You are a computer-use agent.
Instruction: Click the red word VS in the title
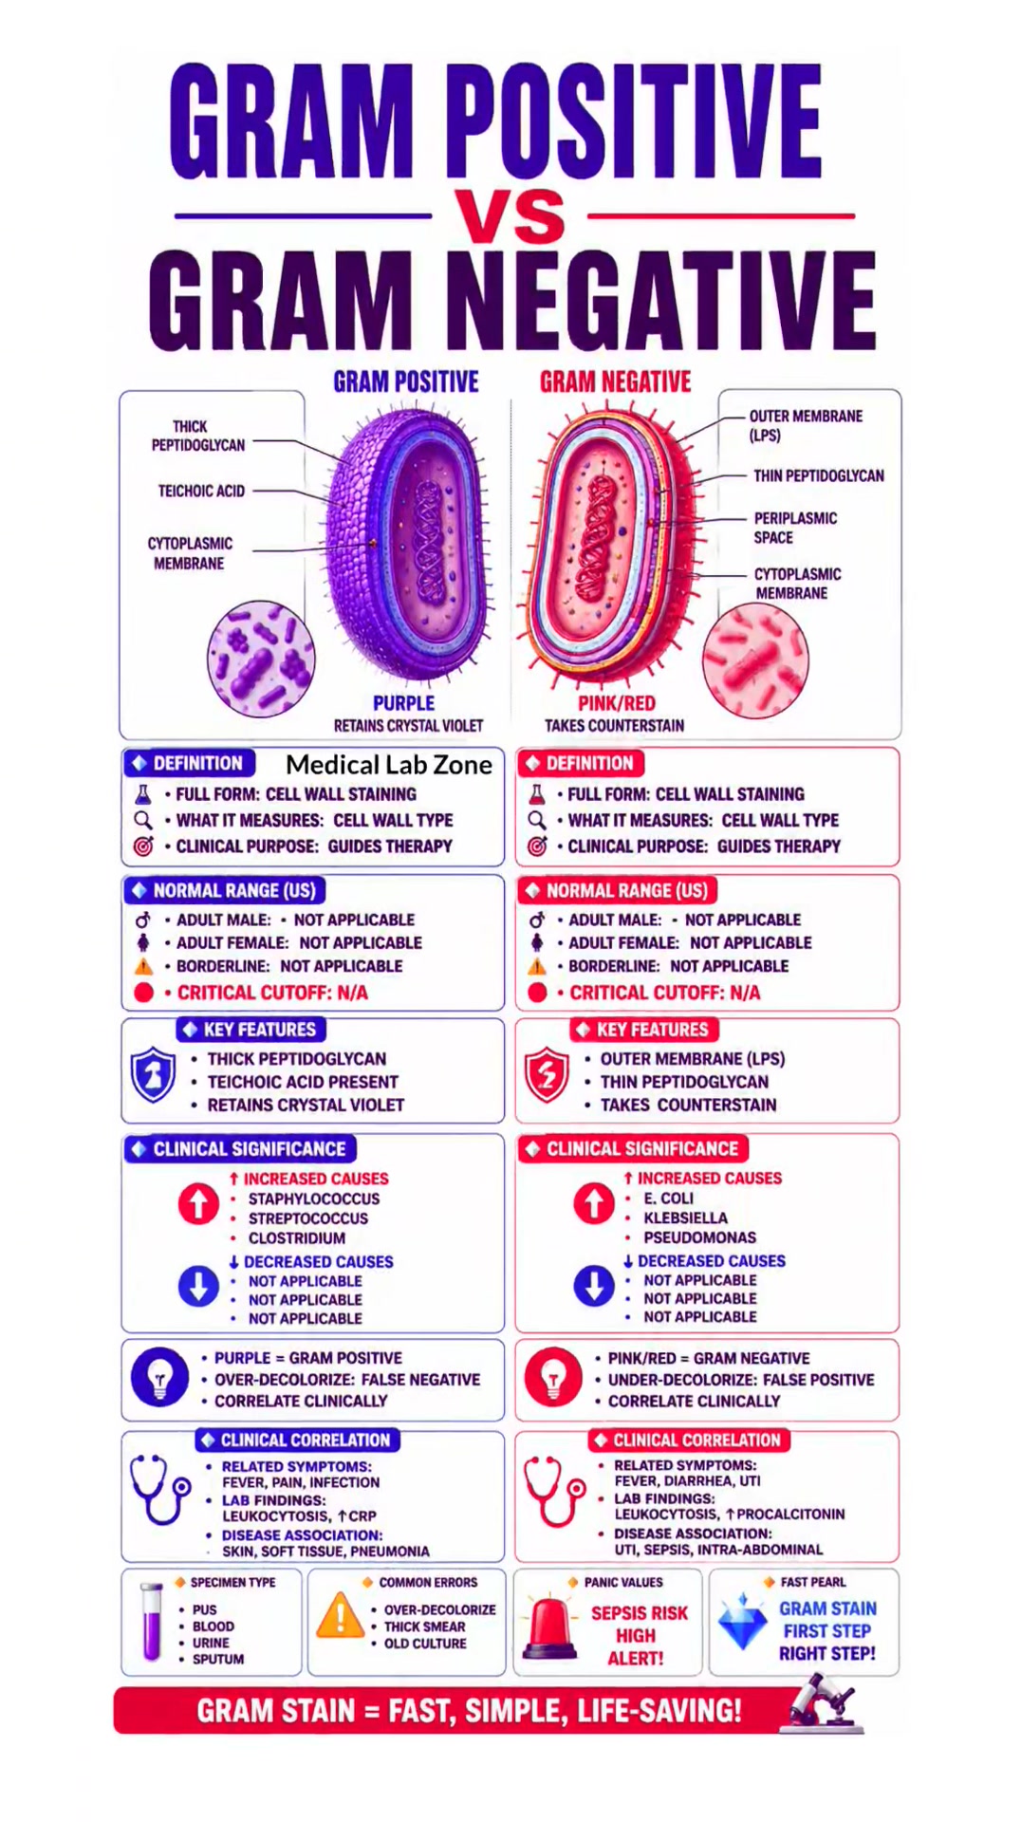coord(510,214)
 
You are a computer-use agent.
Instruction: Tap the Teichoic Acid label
coord(201,491)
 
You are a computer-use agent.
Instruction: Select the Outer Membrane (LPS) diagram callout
coord(806,425)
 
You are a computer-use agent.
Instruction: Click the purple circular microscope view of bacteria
coord(261,659)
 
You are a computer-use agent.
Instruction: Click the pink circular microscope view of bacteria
coord(755,660)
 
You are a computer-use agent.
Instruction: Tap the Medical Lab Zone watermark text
coord(389,765)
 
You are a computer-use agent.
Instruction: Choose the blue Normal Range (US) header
coord(225,890)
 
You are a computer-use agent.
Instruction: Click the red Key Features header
coord(644,1030)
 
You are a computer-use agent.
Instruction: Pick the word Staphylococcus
coord(314,1199)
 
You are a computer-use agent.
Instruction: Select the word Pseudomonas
coord(700,1237)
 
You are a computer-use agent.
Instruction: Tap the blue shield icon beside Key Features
coord(153,1075)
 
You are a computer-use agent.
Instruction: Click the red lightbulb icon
coord(553,1377)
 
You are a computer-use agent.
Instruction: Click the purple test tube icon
coord(151,1622)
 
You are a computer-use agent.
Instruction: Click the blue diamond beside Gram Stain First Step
coord(743,1622)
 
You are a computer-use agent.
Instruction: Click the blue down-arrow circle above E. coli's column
coord(594,1286)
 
